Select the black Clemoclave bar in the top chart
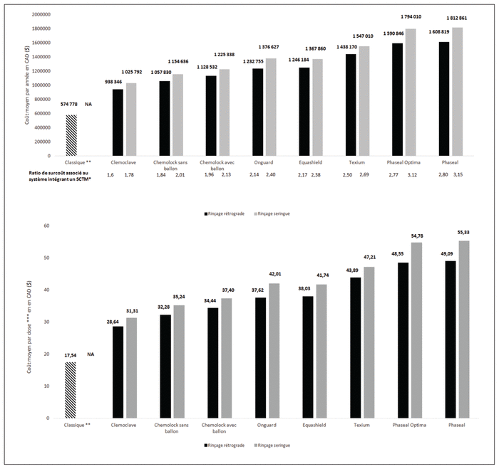[x=118, y=122]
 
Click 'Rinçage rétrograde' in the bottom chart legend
[x=223, y=445]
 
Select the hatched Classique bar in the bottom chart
[x=70, y=390]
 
